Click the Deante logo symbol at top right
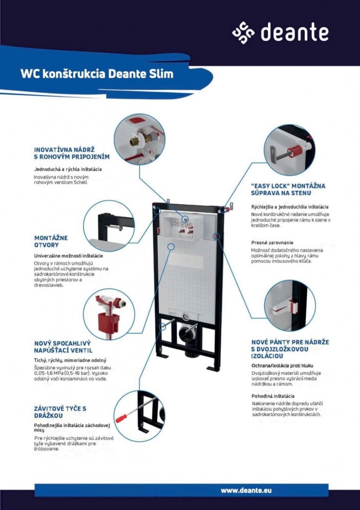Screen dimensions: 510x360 tap(243, 32)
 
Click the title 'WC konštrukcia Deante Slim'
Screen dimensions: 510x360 tap(97, 74)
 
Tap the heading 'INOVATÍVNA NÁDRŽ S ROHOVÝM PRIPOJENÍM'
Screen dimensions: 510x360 tap(71, 153)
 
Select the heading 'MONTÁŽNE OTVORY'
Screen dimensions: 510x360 tap(51, 241)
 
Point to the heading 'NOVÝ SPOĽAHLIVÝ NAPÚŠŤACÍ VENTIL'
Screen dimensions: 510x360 tap(63, 347)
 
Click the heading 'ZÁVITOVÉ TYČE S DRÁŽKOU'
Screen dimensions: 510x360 tap(60, 411)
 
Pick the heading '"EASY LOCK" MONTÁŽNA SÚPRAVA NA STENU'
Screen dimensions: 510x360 tap(288, 189)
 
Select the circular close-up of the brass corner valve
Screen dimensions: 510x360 tap(139, 139)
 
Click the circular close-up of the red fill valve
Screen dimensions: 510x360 tap(109, 314)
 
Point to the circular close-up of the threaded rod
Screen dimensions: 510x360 tap(139, 415)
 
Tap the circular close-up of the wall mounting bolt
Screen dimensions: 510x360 tap(289, 150)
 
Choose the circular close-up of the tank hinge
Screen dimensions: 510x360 tap(290, 305)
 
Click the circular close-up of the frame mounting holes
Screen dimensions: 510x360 tap(109, 226)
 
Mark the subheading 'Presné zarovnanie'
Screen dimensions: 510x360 tap(272, 243)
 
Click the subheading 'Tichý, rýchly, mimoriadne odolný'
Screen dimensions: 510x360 tap(70, 360)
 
